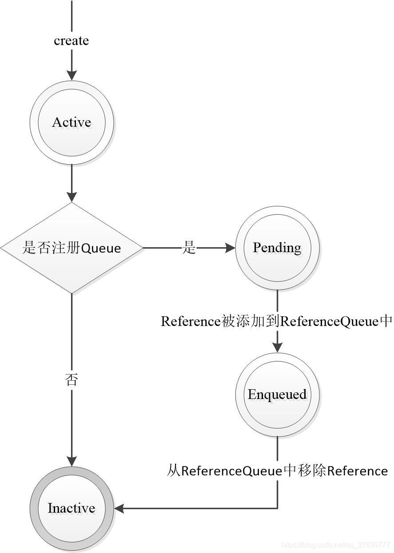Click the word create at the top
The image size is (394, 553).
[x=71, y=41]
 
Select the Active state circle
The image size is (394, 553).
[x=72, y=122]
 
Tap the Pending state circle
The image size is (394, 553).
[x=277, y=248]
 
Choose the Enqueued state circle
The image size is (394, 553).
[x=277, y=395]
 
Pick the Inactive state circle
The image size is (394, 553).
[x=72, y=508]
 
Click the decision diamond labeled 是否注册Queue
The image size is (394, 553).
[x=72, y=248]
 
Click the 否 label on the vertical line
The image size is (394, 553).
[x=72, y=380]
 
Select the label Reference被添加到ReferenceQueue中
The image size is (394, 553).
[x=276, y=321]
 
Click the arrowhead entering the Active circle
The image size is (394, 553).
[x=72, y=75]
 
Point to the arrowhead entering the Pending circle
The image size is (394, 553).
[x=230, y=248]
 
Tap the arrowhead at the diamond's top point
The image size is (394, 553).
[x=72, y=197]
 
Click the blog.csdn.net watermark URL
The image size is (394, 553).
[x=336, y=545]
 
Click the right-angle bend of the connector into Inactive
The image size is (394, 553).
[x=277, y=508]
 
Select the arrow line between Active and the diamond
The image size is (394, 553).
[x=72, y=178]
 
